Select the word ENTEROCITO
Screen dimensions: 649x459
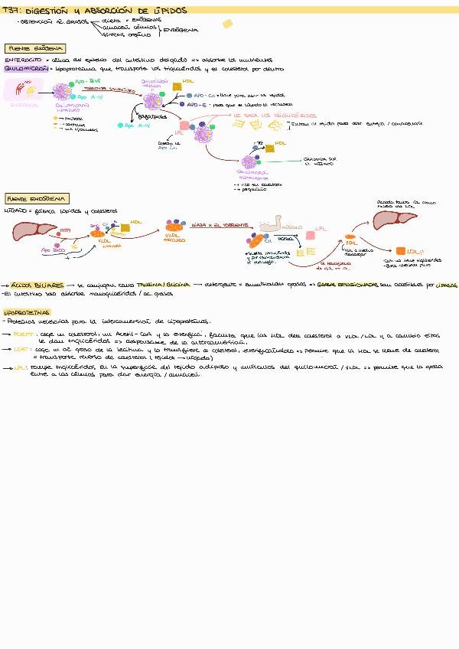(x=23, y=58)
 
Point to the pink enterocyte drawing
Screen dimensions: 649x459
(x=21, y=90)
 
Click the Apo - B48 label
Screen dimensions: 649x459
(x=89, y=80)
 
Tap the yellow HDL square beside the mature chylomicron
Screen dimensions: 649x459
(x=177, y=87)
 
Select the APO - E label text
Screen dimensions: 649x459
(x=199, y=105)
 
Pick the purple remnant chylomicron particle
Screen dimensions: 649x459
(x=249, y=161)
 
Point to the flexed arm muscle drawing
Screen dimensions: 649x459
(x=274, y=226)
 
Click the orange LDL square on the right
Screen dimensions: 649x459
(x=400, y=251)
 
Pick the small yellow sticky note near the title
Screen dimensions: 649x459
(x=227, y=24)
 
